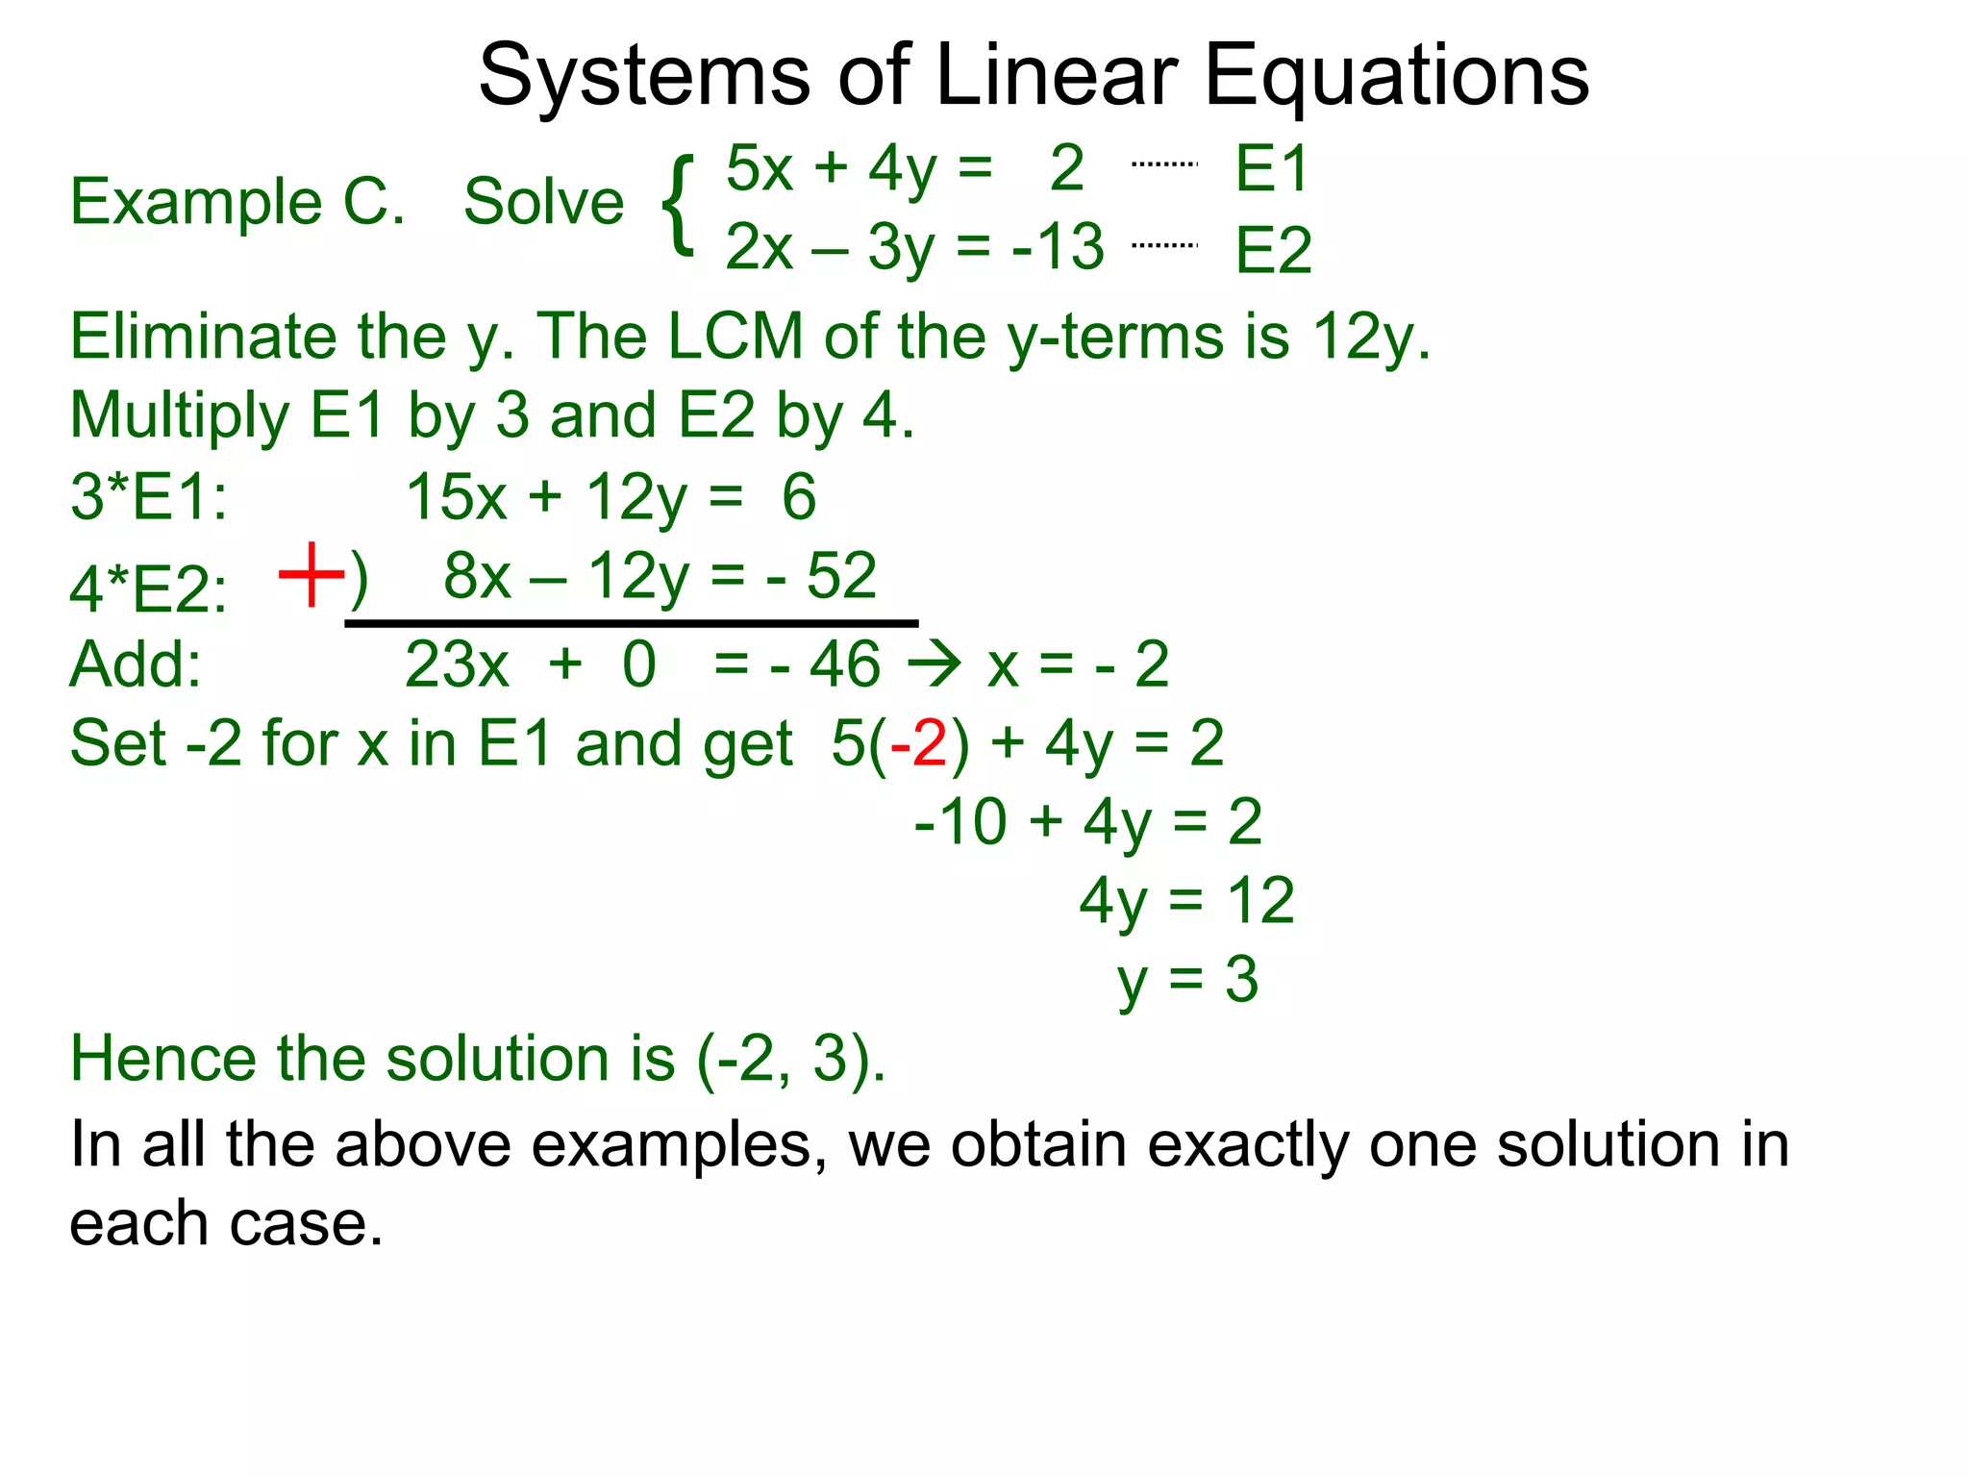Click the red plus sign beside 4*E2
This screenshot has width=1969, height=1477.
311,575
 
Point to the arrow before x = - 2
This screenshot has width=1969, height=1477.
935,664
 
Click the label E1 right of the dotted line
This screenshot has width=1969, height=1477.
1271,169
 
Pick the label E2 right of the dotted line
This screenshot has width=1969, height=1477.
1273,250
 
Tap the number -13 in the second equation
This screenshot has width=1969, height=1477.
1058,246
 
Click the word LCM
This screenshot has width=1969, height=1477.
735,337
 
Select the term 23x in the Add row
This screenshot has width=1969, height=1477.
457,664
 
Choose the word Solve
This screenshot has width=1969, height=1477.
544,202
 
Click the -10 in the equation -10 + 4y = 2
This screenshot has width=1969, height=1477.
960,822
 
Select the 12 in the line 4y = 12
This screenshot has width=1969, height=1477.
1260,901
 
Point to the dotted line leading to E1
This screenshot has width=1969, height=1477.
1164,164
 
